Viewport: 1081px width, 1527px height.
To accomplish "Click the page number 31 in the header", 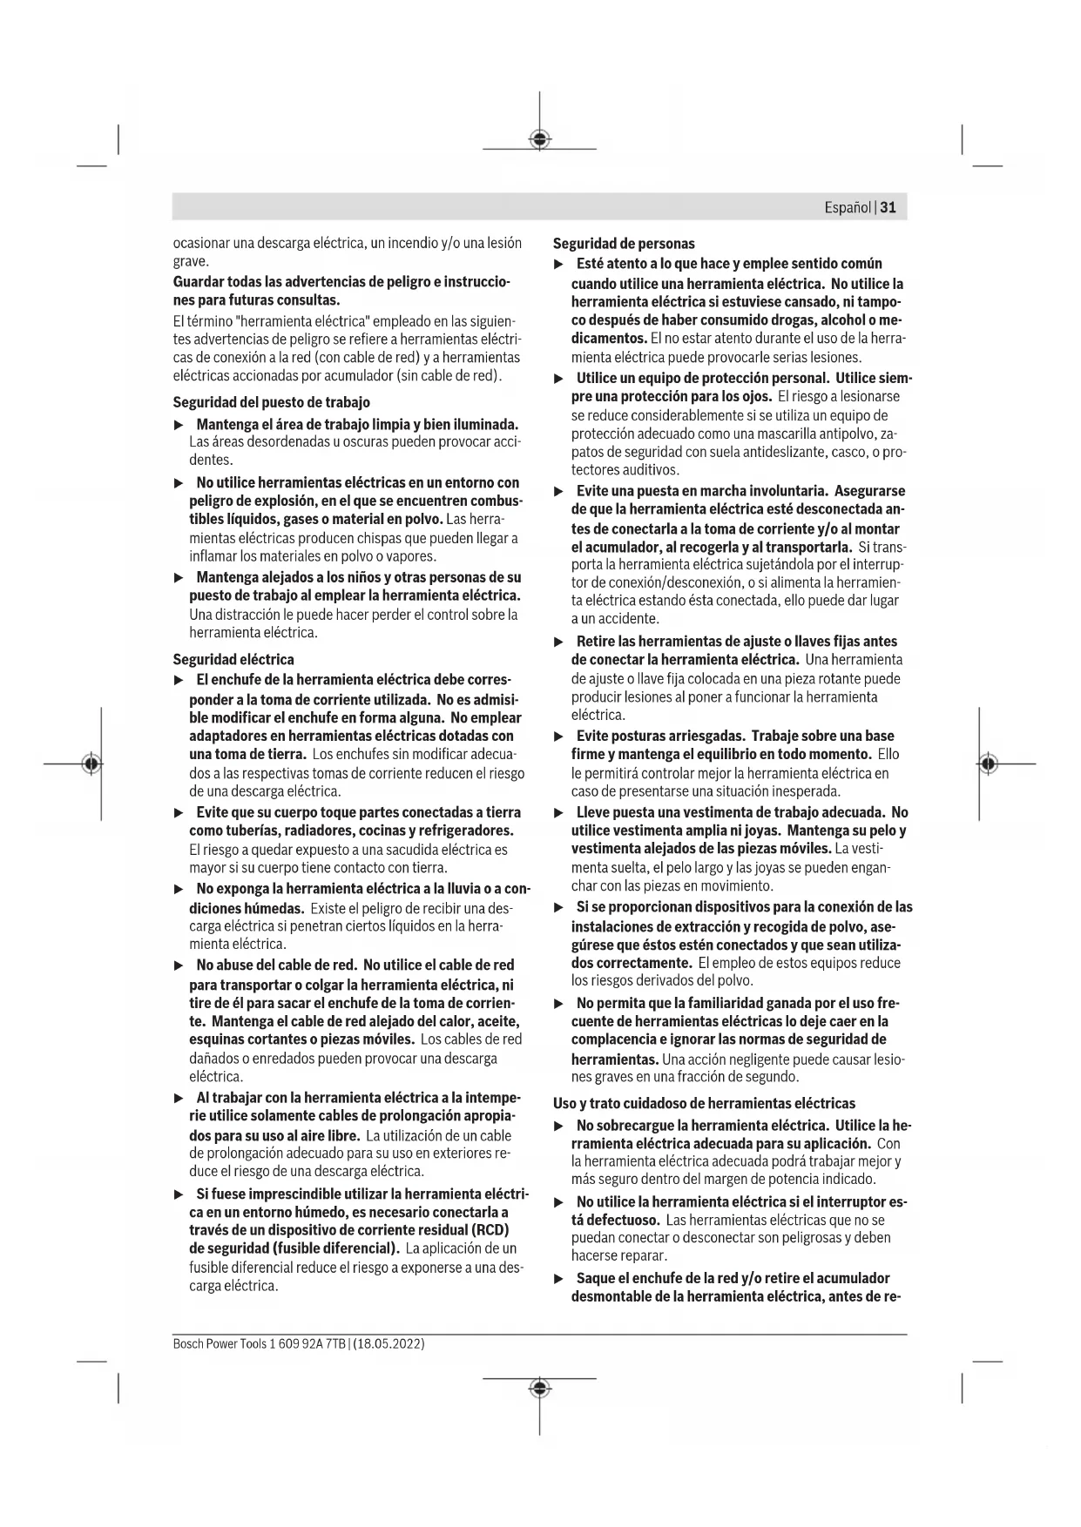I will click(888, 208).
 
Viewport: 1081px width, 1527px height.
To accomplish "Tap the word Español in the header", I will click(848, 208).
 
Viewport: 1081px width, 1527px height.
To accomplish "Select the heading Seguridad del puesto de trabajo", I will click(271, 402).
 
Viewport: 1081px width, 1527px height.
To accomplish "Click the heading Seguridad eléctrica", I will click(233, 659).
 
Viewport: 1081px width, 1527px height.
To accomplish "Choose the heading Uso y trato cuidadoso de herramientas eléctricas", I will click(704, 1103).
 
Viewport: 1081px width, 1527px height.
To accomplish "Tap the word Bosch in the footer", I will click(187, 1344).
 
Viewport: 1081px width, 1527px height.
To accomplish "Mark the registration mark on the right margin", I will click(987, 763).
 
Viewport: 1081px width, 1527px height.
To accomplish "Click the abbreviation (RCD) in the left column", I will click(490, 1229).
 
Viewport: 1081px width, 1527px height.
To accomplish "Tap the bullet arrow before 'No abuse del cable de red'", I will click(179, 965).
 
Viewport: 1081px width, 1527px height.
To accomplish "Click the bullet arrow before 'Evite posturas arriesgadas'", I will click(559, 737).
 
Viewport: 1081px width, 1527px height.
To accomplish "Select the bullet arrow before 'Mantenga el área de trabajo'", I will click(179, 425).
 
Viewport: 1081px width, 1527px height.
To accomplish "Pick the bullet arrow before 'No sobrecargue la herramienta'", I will click(559, 1126).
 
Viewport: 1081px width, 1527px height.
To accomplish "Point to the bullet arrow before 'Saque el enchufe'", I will click(559, 1279).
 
